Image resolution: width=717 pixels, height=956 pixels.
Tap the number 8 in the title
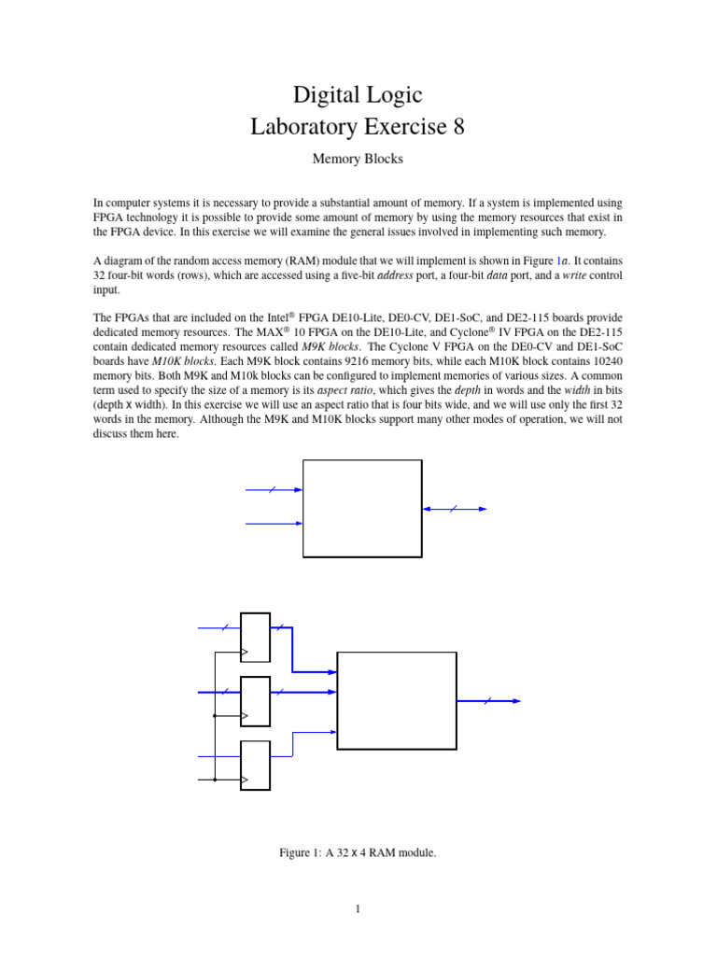(457, 126)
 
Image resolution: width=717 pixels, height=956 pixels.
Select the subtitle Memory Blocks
(358, 160)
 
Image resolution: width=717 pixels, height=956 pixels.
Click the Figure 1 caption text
(358, 851)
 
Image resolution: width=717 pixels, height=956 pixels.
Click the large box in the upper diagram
(362, 508)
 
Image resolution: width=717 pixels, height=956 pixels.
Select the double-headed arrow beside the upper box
(455, 509)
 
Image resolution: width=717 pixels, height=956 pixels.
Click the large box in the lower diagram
(397, 700)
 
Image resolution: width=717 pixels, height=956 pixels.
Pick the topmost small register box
(255, 637)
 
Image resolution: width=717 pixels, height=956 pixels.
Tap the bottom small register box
(255, 765)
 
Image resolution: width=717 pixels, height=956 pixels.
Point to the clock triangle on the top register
(245, 652)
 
